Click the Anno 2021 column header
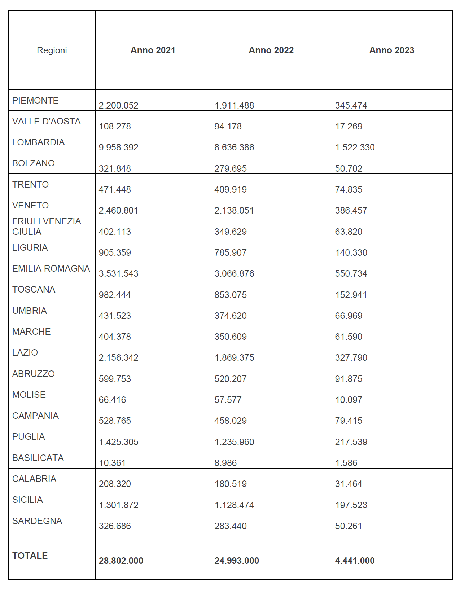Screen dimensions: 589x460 click(153, 50)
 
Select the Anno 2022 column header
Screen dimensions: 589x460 click(271, 50)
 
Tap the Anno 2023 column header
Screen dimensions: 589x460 click(391, 50)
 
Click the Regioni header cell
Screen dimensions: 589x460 click(52, 50)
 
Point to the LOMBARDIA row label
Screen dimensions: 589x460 click(39, 142)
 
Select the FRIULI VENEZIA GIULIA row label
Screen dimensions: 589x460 click(47, 226)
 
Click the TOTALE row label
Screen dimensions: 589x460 click(30, 555)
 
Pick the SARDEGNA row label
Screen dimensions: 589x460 click(37, 521)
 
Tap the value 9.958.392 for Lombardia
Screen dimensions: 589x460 click(118, 147)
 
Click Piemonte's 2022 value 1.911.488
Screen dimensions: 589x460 click(234, 105)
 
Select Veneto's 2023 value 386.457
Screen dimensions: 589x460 click(351, 210)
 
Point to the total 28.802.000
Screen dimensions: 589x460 click(121, 561)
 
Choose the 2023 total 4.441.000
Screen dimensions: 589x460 click(355, 561)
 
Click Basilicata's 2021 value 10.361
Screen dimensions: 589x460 click(112, 463)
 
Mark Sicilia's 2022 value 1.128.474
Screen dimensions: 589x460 click(234, 505)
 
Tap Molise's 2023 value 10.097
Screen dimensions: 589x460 click(349, 400)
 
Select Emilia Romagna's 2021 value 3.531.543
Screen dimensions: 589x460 click(118, 273)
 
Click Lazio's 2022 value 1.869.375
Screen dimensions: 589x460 click(234, 357)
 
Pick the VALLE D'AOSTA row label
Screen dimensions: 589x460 click(47, 121)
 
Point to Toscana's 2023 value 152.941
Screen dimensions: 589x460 click(351, 295)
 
